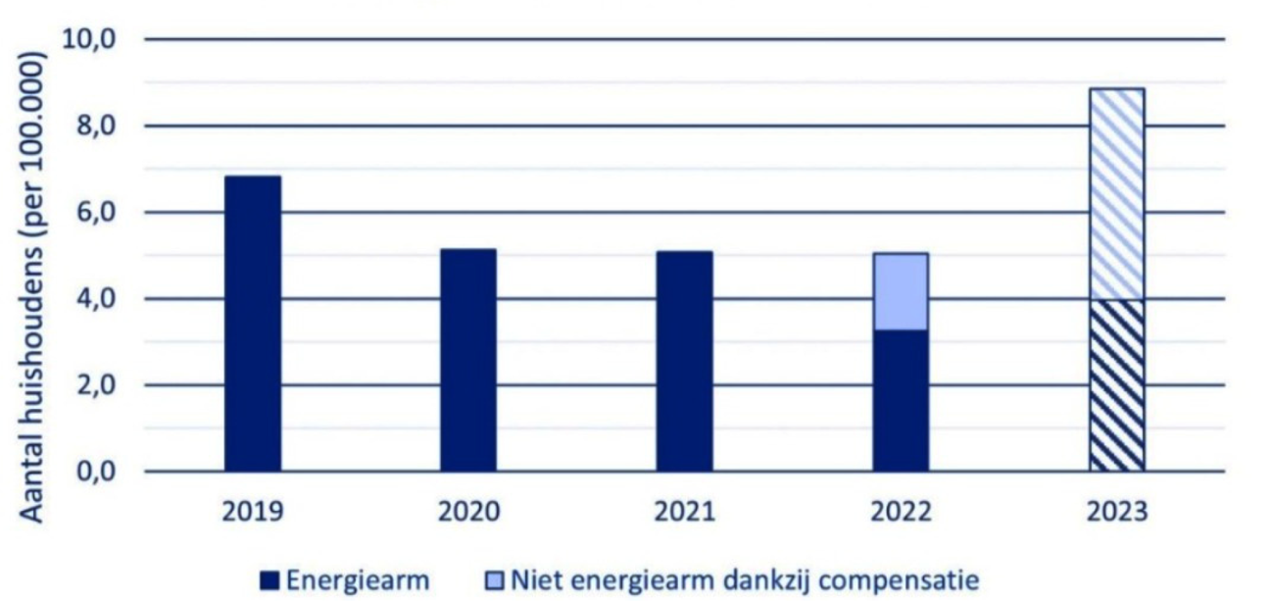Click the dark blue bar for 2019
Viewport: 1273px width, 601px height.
pos(253,324)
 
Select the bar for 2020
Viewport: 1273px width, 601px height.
pos(468,360)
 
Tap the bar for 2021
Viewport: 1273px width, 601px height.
pos(684,361)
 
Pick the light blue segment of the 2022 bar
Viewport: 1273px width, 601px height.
pos(901,291)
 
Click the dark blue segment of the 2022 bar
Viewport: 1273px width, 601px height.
pos(901,400)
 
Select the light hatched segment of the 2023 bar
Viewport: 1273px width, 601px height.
pos(1116,194)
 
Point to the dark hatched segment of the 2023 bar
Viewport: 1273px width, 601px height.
pos(1116,385)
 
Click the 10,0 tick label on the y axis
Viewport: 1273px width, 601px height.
pos(89,40)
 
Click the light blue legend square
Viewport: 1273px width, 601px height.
pos(494,581)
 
